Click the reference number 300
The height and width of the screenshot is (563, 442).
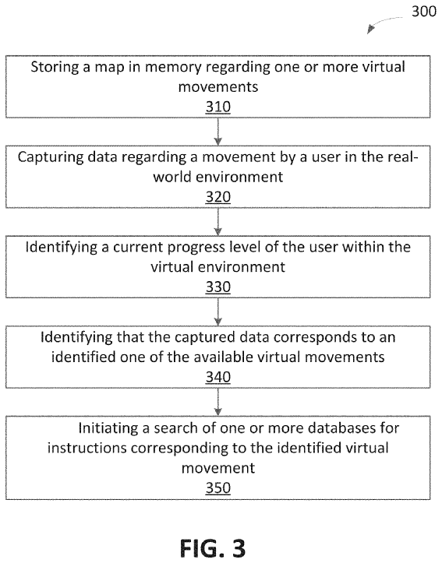[x=424, y=12]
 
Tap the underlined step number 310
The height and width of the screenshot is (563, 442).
[x=218, y=107]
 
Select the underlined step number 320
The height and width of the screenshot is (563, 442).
[x=218, y=197]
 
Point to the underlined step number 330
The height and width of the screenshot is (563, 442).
[x=218, y=287]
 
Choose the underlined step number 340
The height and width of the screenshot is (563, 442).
[x=218, y=378]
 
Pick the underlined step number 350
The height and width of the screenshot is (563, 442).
[x=218, y=488]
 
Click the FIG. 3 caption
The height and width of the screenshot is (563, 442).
[x=213, y=549]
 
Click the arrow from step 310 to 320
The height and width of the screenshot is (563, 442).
[x=218, y=132]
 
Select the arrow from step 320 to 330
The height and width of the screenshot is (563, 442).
[x=218, y=222]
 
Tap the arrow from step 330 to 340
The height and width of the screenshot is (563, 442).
[x=218, y=312]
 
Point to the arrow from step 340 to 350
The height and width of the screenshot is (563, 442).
[x=218, y=402]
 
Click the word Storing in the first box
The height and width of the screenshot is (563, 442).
[x=55, y=68]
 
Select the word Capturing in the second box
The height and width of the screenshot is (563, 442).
[x=51, y=157]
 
